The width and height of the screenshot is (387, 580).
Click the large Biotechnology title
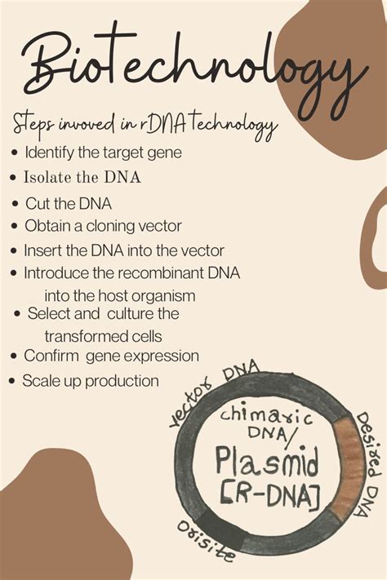(x=193, y=68)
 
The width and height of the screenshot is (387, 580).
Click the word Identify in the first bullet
(x=48, y=152)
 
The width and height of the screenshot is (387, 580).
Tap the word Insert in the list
(x=42, y=250)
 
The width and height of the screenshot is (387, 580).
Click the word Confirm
(x=50, y=356)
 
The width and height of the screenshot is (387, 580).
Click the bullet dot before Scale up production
(x=11, y=381)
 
